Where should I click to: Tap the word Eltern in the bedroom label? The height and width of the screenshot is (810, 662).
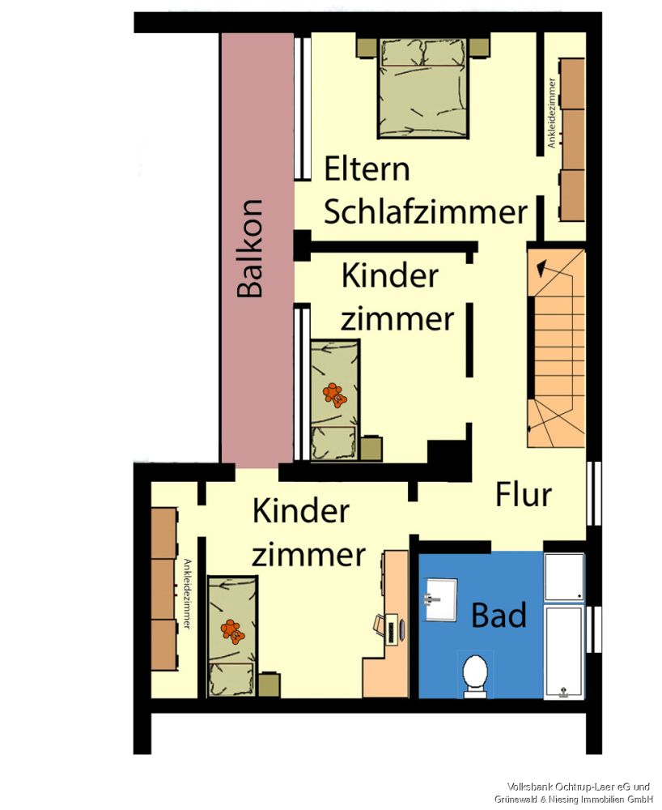pos(367,170)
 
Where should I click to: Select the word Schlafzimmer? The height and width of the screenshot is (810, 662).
pos(426,212)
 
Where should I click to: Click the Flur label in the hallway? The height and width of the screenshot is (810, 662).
pos(524,494)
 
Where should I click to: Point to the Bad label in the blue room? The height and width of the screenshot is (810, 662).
pos(499,616)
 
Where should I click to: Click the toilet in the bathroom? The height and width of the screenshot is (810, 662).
pos(474,674)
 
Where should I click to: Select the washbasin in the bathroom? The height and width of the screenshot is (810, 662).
pos(441,599)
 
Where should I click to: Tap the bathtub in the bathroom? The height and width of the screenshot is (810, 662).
pos(564,652)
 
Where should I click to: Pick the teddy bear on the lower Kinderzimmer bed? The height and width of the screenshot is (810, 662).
pos(232,630)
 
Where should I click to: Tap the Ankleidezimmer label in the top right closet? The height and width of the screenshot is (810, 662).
pos(551,113)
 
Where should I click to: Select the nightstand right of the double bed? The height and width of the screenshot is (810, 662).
pos(480,48)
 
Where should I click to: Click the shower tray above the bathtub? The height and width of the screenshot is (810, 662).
pos(564,577)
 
